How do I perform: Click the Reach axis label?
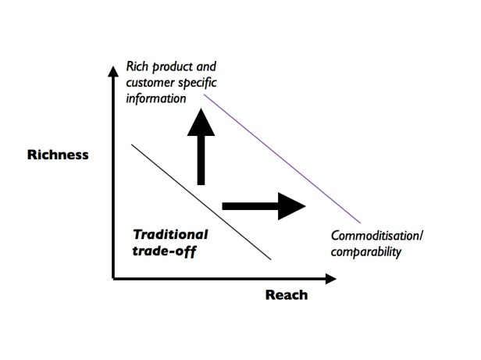click(287, 294)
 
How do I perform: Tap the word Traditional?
click(170, 233)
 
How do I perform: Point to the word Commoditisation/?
click(377, 236)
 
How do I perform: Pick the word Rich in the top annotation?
click(138, 68)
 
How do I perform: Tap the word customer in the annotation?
click(151, 84)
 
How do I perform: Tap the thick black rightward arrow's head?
click(291, 205)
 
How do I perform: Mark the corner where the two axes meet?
click(114, 278)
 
